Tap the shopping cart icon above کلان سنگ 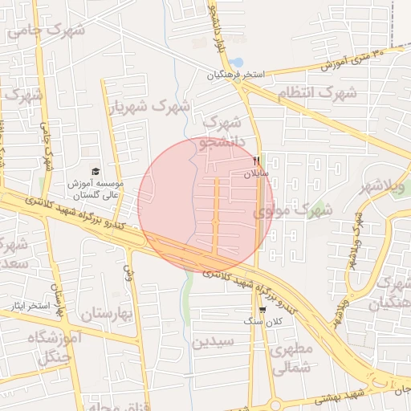click(x=262, y=310)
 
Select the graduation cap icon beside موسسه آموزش click(x=96, y=172)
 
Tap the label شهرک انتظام click(x=316, y=93)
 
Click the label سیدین click(x=212, y=341)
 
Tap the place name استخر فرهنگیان click(x=236, y=75)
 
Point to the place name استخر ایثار click(x=26, y=306)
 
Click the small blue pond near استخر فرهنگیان click(x=236, y=62)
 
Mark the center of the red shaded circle click(x=205, y=205)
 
